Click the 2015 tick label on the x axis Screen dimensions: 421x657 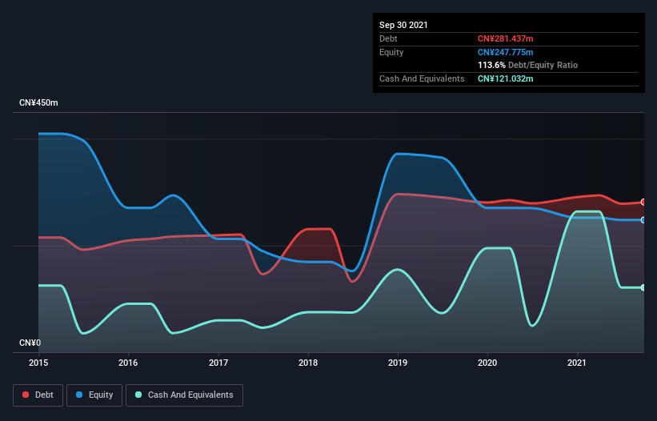[x=38, y=363]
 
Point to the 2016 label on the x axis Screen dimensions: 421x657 [x=127, y=363]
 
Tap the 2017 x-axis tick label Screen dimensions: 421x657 [x=218, y=363]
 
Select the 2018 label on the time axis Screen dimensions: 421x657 [x=307, y=363]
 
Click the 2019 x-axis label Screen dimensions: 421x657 [x=398, y=363]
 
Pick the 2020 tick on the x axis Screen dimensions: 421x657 [x=487, y=363]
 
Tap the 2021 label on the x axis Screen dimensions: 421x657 [x=577, y=363]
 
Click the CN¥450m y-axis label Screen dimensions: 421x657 [x=39, y=103]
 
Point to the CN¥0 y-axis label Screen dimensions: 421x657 [x=30, y=343]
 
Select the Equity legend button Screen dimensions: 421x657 [x=94, y=395]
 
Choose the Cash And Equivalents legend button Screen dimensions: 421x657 [x=184, y=395]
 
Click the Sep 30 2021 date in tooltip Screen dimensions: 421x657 [x=403, y=25]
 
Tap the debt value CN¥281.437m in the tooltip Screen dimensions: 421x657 [x=505, y=38]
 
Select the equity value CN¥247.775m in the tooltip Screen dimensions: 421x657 [x=505, y=52]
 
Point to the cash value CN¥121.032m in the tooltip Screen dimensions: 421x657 [x=505, y=78]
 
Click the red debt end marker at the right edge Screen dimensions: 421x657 [x=643, y=202]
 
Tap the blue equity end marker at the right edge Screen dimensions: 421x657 [x=643, y=219]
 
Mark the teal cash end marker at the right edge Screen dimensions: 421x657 [x=643, y=287]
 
